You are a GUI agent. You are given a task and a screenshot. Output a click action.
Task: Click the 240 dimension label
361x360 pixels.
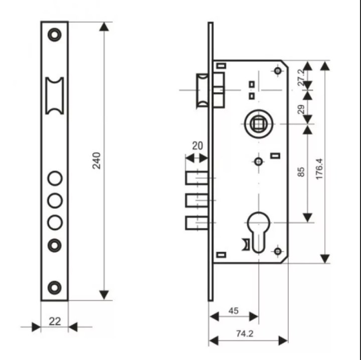(x=96, y=161)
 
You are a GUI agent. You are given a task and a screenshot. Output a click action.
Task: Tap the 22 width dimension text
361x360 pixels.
(x=55, y=321)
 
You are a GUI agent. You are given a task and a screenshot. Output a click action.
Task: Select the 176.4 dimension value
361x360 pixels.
(x=319, y=169)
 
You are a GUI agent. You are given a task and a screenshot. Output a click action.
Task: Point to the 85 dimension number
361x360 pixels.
(x=301, y=172)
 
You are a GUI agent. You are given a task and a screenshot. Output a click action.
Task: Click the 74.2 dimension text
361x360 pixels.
(x=245, y=333)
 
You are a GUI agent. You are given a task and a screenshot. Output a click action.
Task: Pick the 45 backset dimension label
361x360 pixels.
(x=234, y=311)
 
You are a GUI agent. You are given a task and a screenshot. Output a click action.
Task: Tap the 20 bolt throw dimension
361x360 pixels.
(x=198, y=146)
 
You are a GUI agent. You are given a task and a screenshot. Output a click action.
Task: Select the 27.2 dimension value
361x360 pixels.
(x=301, y=78)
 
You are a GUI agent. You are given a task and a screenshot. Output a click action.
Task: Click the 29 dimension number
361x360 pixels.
(x=301, y=109)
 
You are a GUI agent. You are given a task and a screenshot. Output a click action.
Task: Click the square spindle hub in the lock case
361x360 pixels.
(x=259, y=124)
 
